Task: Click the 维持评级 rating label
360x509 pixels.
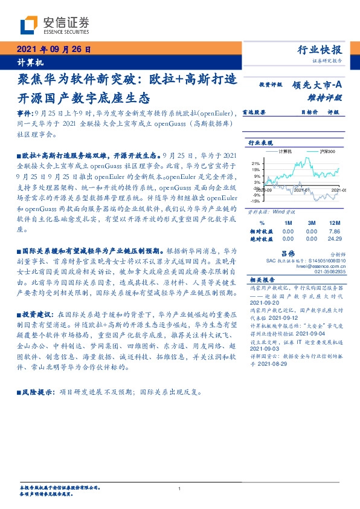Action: click(328, 97)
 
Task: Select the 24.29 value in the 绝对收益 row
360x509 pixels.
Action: click(335, 239)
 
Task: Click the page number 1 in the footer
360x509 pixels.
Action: click(180, 488)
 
